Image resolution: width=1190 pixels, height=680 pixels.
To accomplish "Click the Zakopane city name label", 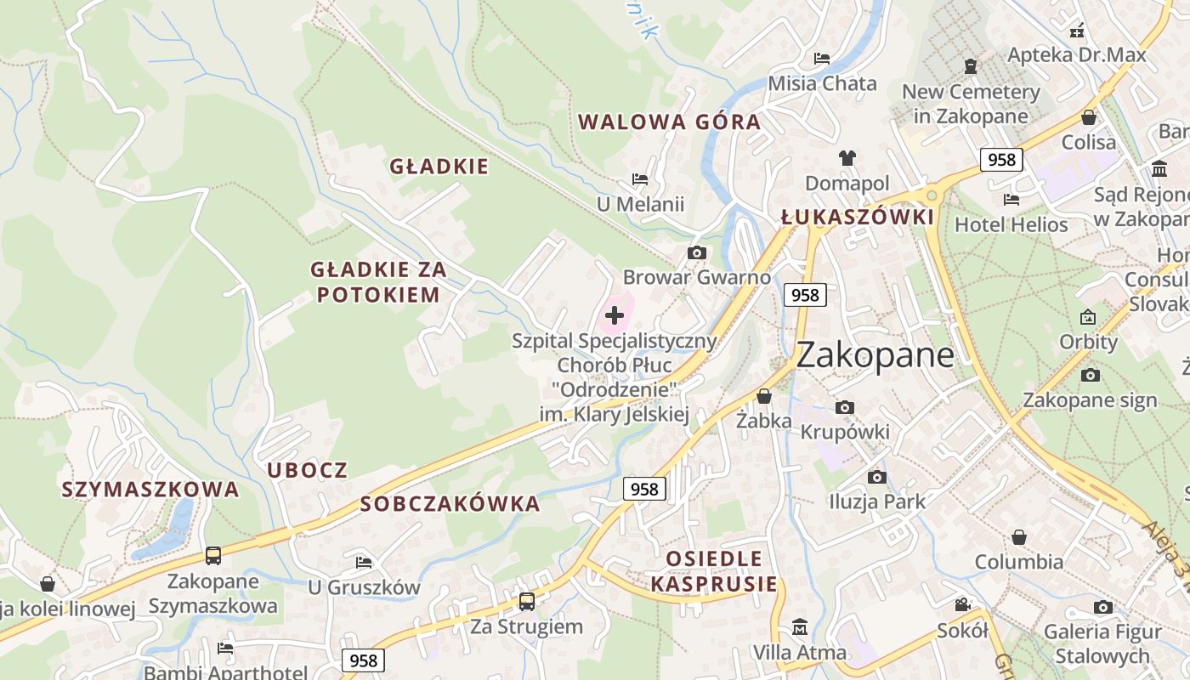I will (875, 354).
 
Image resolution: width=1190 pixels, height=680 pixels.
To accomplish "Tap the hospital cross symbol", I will (615, 315).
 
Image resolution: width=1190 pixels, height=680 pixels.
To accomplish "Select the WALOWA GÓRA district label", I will (669, 122).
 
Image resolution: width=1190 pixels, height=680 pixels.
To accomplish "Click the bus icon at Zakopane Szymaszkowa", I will (213, 556).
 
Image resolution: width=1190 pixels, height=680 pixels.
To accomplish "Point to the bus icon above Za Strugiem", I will (527, 601).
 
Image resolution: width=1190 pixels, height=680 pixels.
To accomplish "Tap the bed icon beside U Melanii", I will (640, 179).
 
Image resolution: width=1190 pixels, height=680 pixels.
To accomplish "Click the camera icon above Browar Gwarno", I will (697, 252).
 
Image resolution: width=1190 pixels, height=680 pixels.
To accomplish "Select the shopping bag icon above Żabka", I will (764, 396).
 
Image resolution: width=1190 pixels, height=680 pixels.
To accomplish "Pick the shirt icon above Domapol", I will (847, 157).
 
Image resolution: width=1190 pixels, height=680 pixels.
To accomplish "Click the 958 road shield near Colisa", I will (1000, 159).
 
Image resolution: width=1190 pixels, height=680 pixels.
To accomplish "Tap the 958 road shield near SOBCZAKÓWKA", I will (644, 489).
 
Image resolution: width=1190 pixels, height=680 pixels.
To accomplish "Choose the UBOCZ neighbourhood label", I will (307, 470).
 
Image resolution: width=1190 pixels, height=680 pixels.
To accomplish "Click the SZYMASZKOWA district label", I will (150, 490).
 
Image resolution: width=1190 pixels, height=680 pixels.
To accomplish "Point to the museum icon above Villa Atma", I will (799, 627).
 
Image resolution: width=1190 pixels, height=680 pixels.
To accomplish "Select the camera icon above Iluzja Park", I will (877, 477).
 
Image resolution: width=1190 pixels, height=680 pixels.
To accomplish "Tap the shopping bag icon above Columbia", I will (1019, 537).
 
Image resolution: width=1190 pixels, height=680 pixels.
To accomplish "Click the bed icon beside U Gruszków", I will (364, 562).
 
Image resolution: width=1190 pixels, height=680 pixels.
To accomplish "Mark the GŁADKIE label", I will (439, 166).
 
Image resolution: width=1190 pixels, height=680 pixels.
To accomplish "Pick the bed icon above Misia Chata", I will (822, 59).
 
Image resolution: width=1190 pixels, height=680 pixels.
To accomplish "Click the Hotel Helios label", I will (1011, 224).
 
